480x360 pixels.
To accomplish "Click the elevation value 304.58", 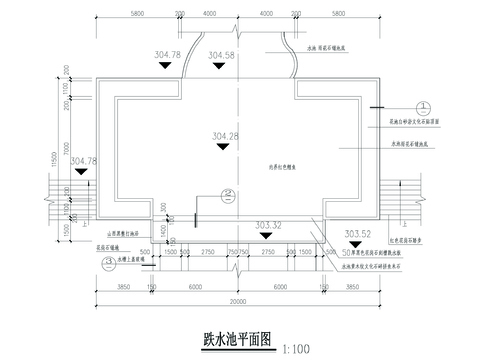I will click(223, 56).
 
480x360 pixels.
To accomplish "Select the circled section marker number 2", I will click(229, 195).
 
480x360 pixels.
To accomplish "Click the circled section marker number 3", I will click(108, 264).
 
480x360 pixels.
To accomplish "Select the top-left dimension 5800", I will click(137, 14).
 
